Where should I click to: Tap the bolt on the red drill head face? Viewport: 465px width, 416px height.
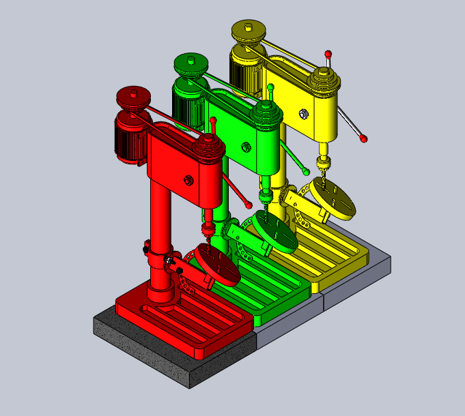[x=188, y=180]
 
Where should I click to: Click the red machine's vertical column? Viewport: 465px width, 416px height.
[x=161, y=225]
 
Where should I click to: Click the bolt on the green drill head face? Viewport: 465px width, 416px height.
[x=246, y=145]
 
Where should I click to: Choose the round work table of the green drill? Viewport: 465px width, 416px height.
[x=275, y=233]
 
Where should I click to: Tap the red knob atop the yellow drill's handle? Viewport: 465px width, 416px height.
[x=328, y=53]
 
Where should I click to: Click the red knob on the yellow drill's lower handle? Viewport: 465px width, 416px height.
[x=364, y=138]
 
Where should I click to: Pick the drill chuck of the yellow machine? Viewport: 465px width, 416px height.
[x=323, y=164]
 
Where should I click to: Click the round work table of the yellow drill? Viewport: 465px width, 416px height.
[x=335, y=198]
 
